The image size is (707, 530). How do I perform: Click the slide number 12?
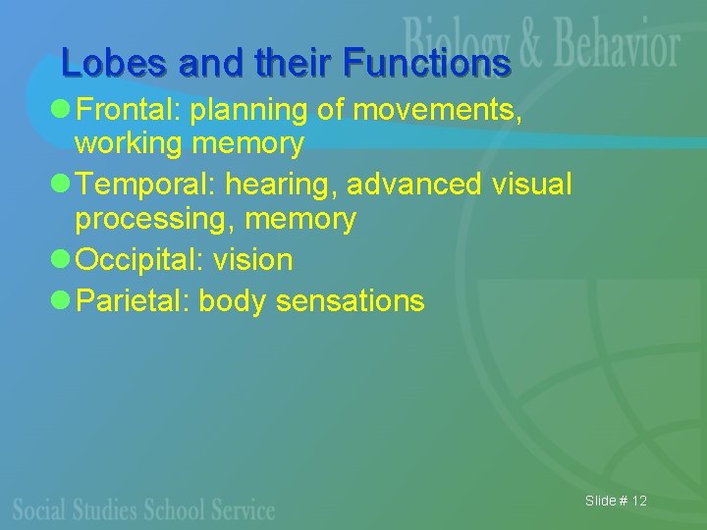[639, 502]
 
